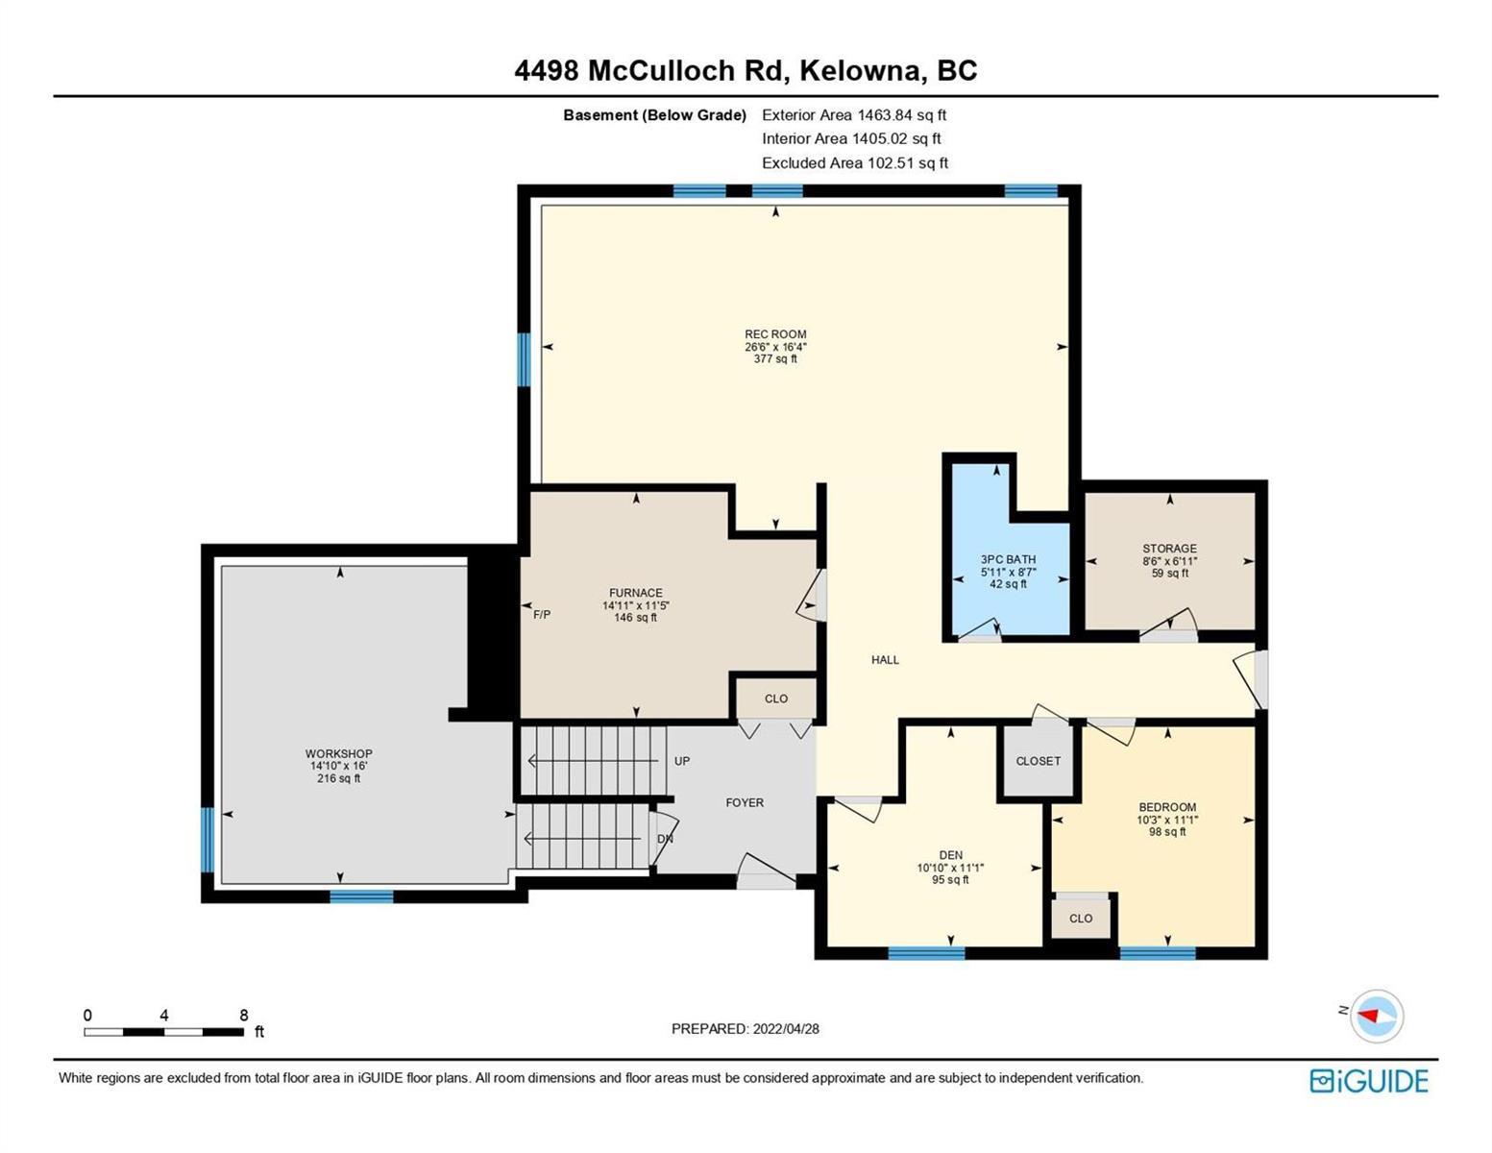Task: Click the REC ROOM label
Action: point(775,334)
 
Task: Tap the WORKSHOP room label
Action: point(338,753)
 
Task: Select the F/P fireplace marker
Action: point(542,615)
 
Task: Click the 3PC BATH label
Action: point(1008,559)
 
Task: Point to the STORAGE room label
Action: point(1169,548)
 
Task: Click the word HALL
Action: point(885,659)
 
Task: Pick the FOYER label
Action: point(745,802)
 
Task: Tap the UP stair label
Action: point(682,761)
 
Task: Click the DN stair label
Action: point(665,839)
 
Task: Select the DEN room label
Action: point(950,855)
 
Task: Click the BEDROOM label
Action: point(1167,807)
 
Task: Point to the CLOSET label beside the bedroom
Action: point(1039,761)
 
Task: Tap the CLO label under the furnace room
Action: point(776,699)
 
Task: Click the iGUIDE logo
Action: point(1369,1081)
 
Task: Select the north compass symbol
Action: point(1371,1017)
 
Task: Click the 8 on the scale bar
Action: point(244,1015)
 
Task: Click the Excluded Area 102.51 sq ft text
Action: point(855,162)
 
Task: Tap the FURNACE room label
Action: point(636,593)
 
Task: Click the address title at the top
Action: point(746,71)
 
